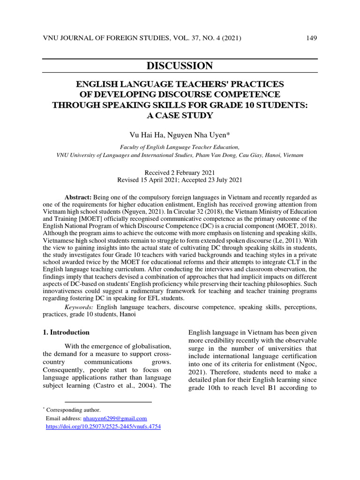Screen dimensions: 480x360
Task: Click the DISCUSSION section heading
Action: coord(180,66)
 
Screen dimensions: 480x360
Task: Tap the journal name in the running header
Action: coord(103,38)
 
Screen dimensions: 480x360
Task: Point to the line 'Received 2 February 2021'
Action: coord(180,173)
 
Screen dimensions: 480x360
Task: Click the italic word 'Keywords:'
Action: coord(79,307)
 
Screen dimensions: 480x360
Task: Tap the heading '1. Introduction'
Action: coord(66,332)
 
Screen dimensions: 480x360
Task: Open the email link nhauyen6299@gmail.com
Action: coord(115,418)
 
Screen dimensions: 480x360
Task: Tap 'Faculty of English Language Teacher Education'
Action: coord(180,147)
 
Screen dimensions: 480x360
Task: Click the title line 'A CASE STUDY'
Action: coord(180,115)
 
